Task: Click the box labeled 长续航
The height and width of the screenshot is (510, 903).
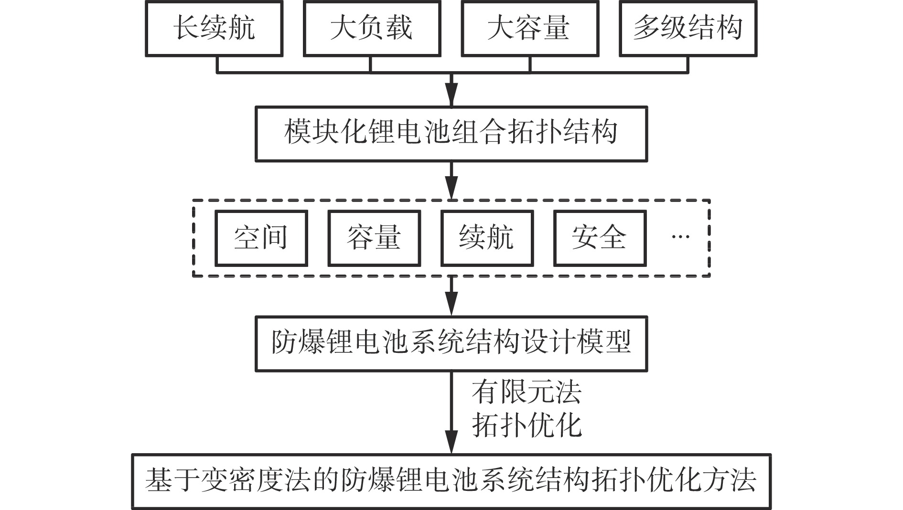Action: coord(214,29)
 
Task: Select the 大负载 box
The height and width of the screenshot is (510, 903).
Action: coord(372,29)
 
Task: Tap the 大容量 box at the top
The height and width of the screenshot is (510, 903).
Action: coord(530,29)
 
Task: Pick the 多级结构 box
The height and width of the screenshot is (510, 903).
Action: coord(688,29)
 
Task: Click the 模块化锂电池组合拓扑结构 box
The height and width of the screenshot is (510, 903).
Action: coord(451,134)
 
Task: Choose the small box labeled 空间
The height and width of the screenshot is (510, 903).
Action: coord(261,238)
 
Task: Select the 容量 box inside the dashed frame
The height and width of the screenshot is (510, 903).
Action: coord(374,238)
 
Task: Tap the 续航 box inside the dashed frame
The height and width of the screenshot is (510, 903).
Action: coord(486,238)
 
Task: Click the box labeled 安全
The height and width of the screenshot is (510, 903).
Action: coord(600,238)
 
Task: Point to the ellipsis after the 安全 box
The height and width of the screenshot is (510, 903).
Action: coord(680,236)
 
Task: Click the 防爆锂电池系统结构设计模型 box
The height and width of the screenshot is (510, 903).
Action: coord(451,343)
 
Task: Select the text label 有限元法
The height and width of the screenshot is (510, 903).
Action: coord(527,393)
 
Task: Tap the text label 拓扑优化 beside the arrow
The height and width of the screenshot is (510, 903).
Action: coord(527,425)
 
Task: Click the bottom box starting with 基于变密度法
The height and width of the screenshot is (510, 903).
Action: coord(451,481)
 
